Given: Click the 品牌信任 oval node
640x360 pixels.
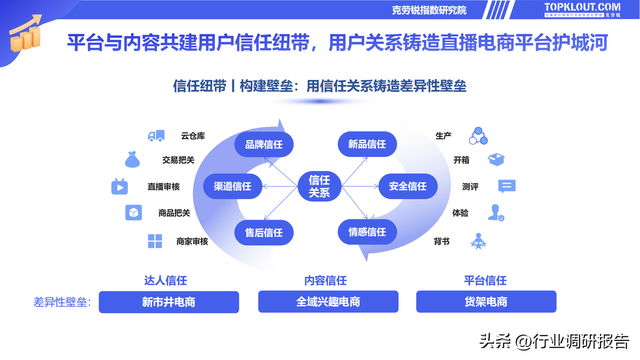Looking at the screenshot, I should pos(264,145).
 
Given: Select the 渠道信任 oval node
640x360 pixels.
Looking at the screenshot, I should pos(233,185).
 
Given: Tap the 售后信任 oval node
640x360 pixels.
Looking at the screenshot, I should pos(264,232).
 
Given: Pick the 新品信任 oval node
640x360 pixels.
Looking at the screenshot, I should pos(367,145).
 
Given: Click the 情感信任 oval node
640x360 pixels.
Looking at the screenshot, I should pos(367,232).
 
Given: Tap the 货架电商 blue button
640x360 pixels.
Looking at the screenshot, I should pos(486,302).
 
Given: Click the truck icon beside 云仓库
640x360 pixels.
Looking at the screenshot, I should pos(155,136).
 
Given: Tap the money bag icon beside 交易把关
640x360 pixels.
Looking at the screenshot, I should pos(131,159).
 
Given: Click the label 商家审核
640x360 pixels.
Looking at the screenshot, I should pos(191,241).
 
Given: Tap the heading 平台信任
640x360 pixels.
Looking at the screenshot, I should pos(486,280).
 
